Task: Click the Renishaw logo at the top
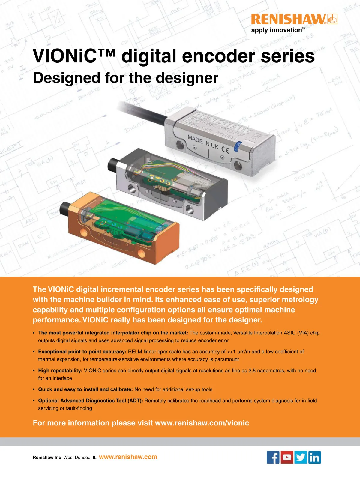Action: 294,19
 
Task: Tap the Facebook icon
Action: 273,457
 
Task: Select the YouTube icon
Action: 287,457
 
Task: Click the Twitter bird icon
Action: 301,457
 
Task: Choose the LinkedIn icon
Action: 314,457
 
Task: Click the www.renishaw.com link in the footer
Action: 128,457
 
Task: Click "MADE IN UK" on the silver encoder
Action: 203,142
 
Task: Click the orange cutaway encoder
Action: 123,228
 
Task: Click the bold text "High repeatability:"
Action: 60,370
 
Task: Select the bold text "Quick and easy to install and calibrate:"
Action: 85,389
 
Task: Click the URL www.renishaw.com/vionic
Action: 202,423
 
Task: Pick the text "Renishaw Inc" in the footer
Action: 47,457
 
